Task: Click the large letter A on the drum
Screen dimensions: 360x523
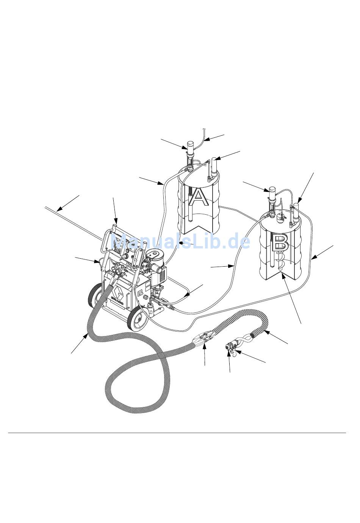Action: tap(198, 196)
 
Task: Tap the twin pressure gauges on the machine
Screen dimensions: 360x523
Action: tap(121, 270)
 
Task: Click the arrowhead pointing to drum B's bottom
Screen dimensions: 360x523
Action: tap(283, 278)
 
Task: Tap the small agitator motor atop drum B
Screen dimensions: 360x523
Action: tap(281, 217)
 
